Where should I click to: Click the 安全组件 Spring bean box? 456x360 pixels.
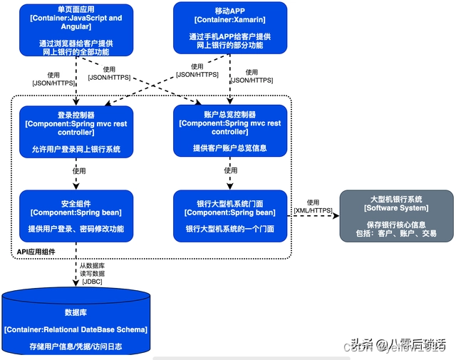76,212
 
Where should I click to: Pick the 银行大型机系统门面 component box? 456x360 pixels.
230,212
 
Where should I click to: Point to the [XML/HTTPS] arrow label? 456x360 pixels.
313,211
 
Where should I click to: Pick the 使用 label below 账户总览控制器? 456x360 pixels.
230,170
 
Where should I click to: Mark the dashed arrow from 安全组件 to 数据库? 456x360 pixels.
76,264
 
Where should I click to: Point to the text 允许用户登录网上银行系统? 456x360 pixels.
76,149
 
